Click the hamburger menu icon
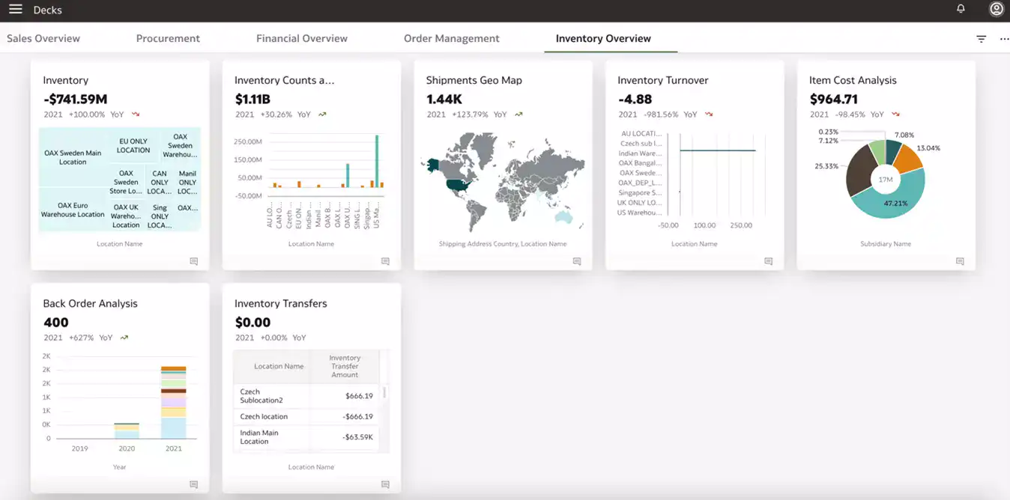[x=15, y=9]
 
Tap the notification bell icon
[x=961, y=9]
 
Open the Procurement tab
[x=168, y=38]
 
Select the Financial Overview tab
[x=302, y=38]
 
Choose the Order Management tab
[x=451, y=38]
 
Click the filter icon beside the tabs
[x=981, y=39]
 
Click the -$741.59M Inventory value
[x=75, y=99]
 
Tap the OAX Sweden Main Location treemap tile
[x=73, y=157]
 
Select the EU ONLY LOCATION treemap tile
[x=133, y=145]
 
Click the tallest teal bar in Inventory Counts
[x=377, y=161]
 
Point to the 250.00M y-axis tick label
[x=248, y=141]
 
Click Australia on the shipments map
[x=562, y=216]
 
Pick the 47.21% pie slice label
[x=895, y=203]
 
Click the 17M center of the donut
[x=886, y=180]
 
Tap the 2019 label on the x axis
[x=79, y=448]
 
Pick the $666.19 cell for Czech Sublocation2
[x=359, y=396]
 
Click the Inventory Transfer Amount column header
[x=345, y=366]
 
